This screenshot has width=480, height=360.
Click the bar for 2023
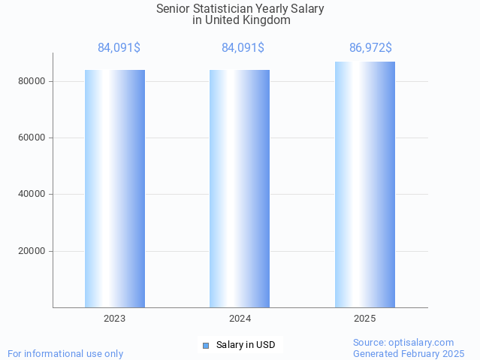click(115, 188)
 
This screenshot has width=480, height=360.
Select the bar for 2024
click(240, 188)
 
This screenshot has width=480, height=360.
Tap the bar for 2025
click(365, 184)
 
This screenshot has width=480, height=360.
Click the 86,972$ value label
click(370, 48)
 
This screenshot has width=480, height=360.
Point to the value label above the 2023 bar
click(119, 48)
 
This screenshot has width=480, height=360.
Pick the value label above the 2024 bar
click(243, 48)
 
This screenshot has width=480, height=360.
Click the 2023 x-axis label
click(115, 319)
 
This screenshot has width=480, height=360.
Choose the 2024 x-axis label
click(240, 319)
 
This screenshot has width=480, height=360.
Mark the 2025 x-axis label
click(365, 319)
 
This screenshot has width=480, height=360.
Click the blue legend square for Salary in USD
click(205, 346)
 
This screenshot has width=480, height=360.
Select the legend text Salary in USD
click(246, 346)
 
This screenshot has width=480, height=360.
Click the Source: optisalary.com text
click(403, 342)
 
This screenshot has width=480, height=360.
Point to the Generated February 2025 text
click(409, 353)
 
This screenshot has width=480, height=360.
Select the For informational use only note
click(65, 353)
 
